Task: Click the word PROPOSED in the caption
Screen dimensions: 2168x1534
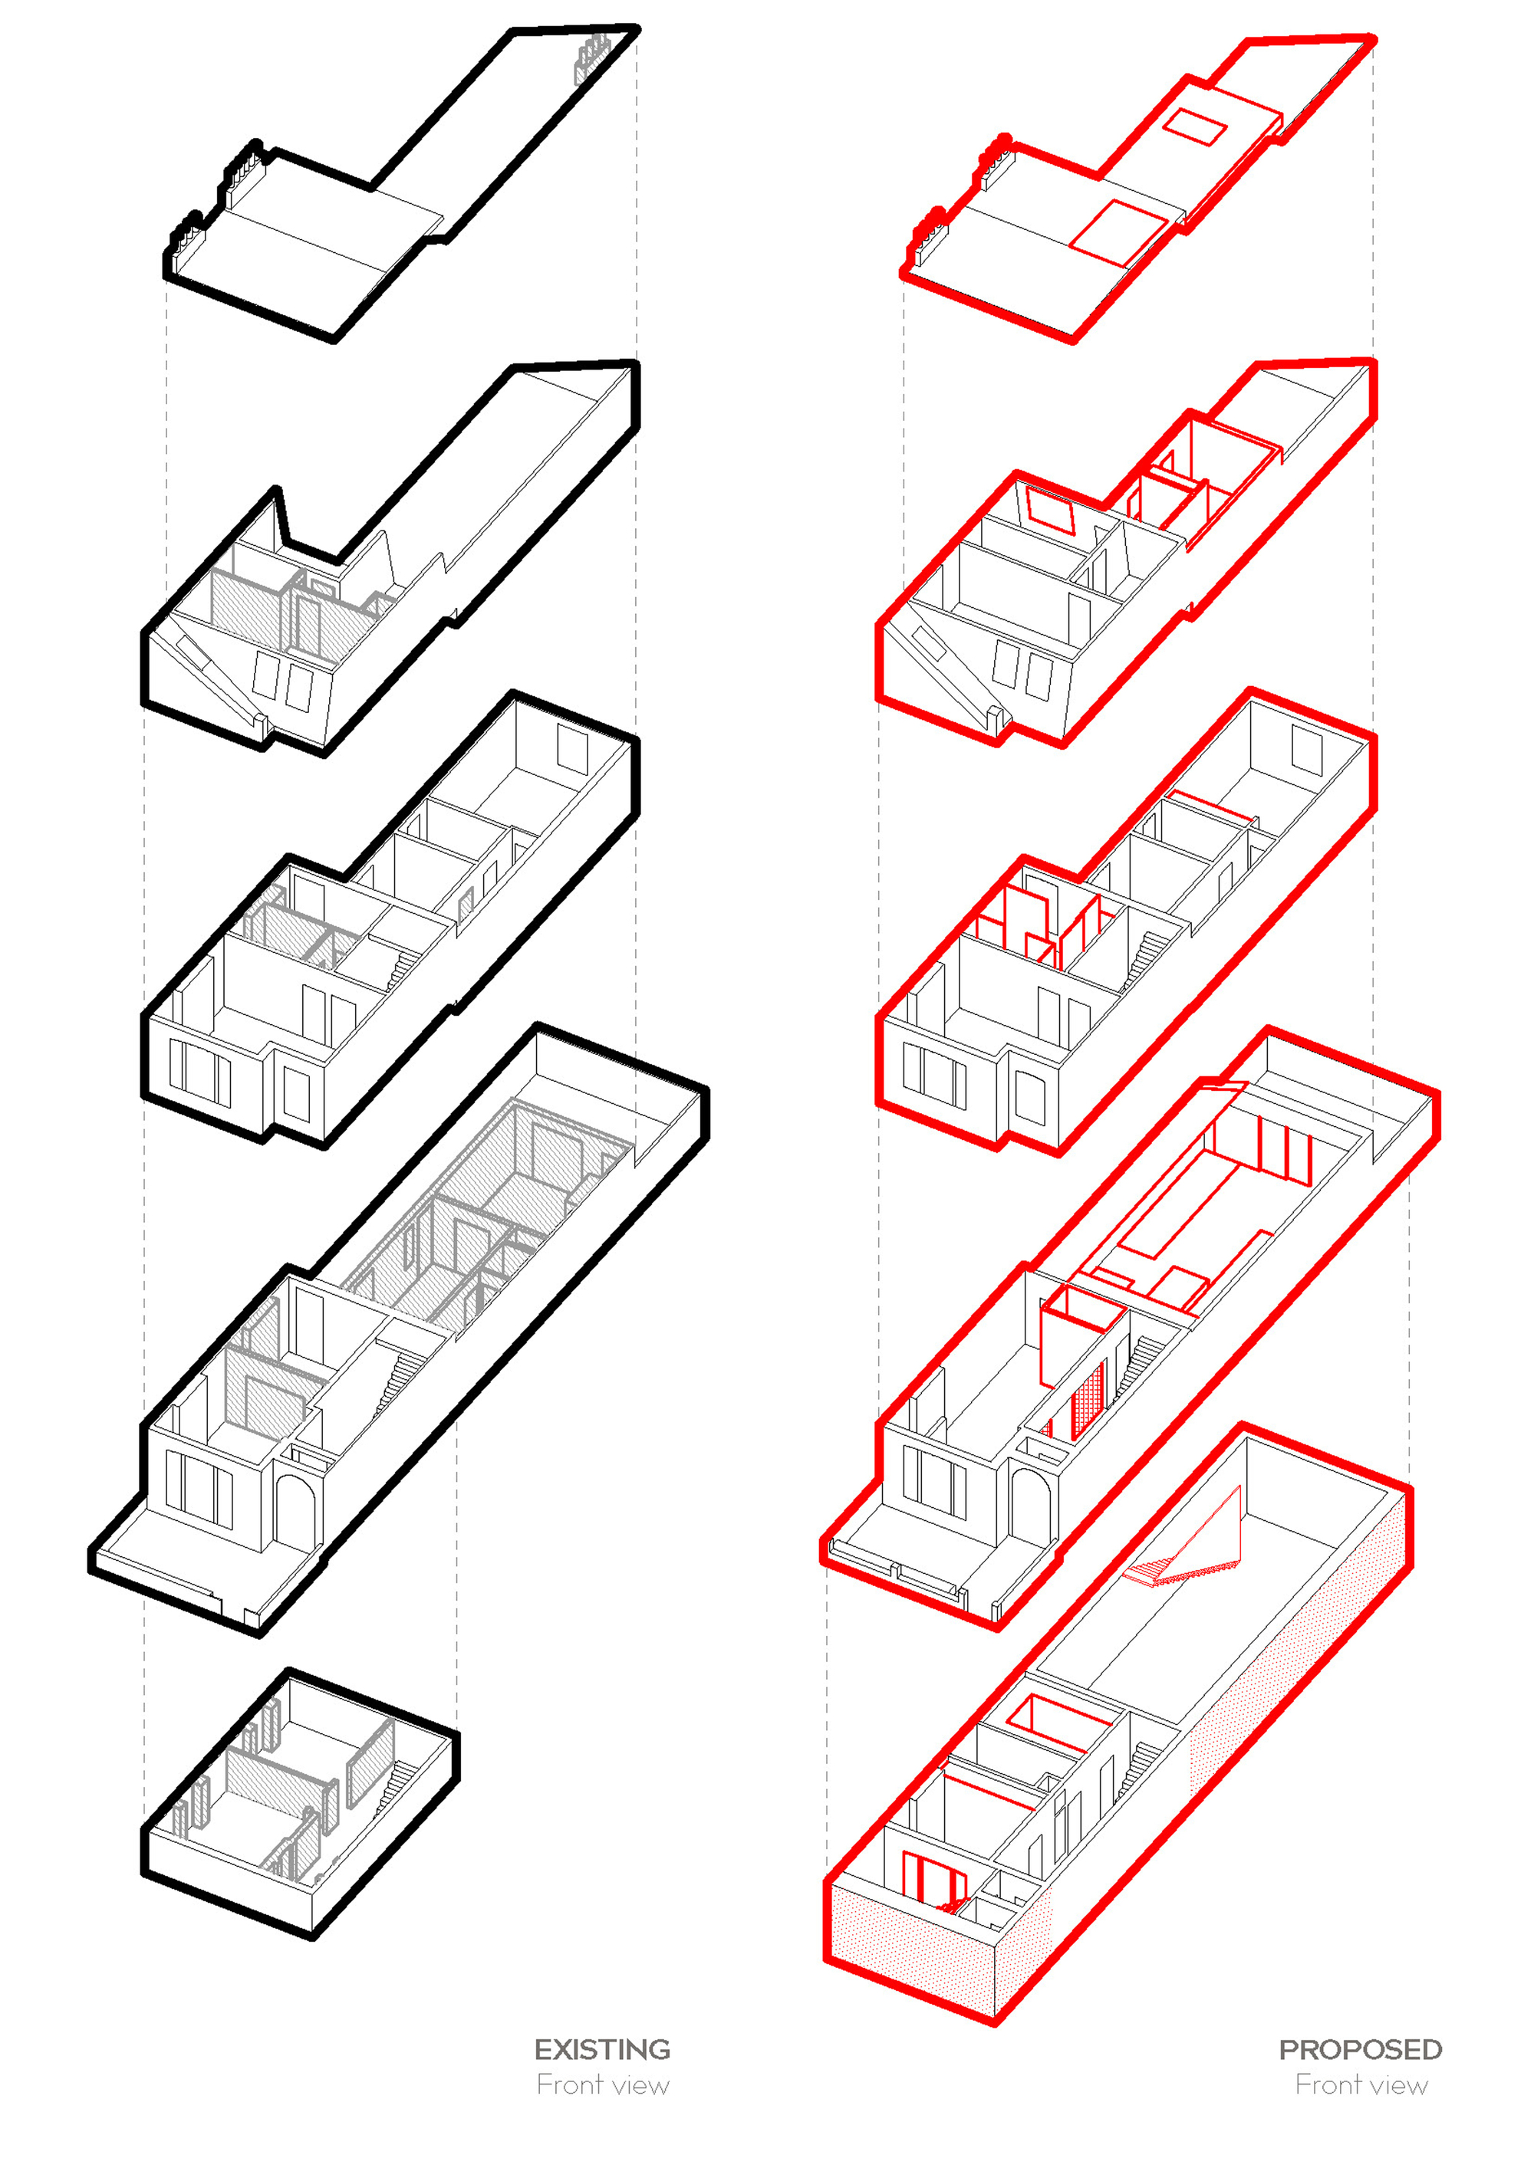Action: pos(1359,2050)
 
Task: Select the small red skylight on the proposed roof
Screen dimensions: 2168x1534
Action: pos(1194,126)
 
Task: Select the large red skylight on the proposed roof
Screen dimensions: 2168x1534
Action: pos(1118,232)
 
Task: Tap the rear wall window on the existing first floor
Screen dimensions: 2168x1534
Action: pos(572,746)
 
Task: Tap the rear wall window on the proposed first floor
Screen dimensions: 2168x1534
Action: pos(1306,748)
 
